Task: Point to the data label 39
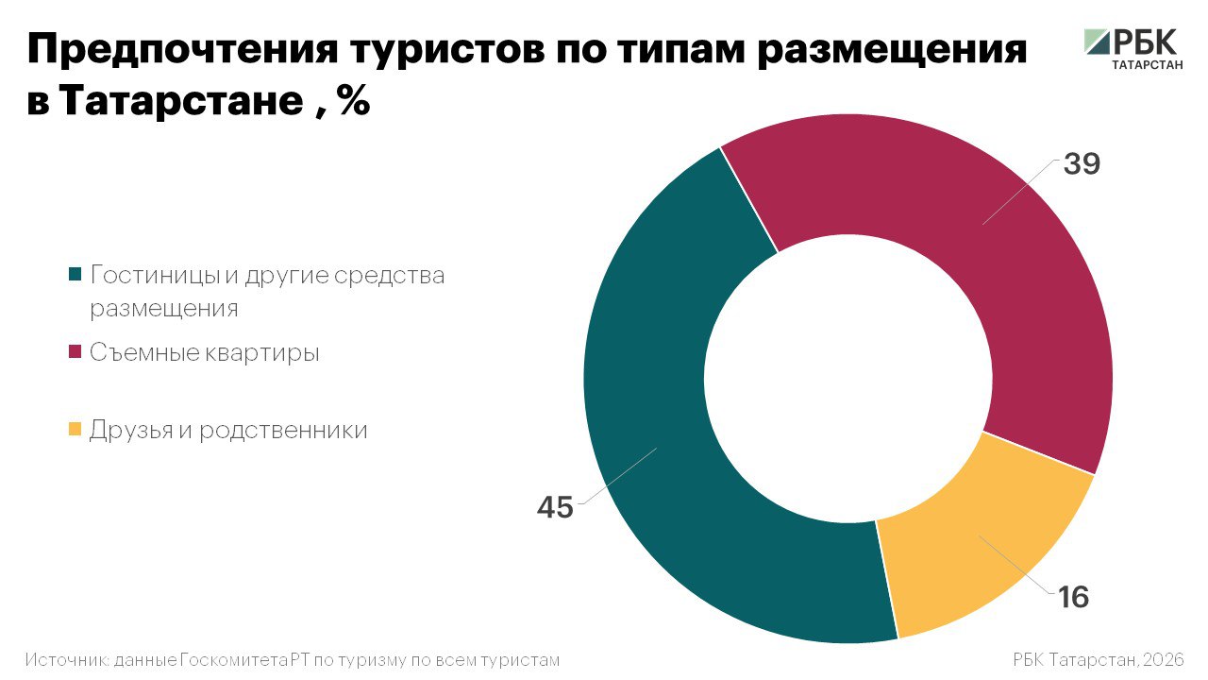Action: click(x=1082, y=163)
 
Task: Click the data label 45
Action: click(x=555, y=507)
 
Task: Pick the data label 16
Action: click(x=1073, y=597)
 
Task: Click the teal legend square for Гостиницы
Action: click(x=75, y=276)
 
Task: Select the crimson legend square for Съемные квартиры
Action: click(x=75, y=353)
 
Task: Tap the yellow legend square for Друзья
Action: click(x=75, y=431)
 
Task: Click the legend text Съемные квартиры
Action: click(x=205, y=353)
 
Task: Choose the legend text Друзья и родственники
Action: click(x=228, y=431)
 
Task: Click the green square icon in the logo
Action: click(x=1097, y=42)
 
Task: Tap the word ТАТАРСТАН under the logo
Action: click(x=1146, y=67)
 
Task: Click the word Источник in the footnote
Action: click(x=66, y=659)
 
